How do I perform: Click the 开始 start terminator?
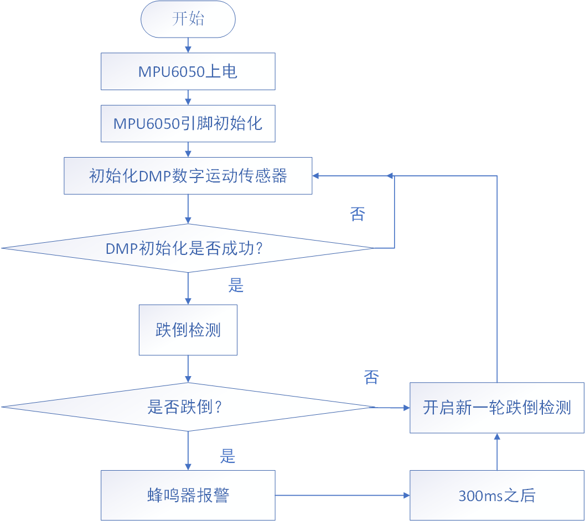pyautogui.click(x=188, y=19)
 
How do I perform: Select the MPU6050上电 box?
pyautogui.click(x=188, y=71)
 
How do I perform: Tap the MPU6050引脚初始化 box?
pyautogui.click(x=188, y=123)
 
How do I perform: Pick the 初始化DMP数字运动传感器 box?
pyautogui.click(x=188, y=176)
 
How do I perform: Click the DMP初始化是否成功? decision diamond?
pyautogui.click(x=188, y=248)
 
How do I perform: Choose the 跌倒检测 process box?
pyautogui.click(x=188, y=330)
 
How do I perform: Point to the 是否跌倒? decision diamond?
pyautogui.click(x=188, y=407)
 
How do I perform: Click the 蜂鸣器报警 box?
pyautogui.click(x=188, y=495)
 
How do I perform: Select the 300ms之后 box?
pyautogui.click(x=497, y=495)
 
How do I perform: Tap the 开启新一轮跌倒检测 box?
pyautogui.click(x=497, y=408)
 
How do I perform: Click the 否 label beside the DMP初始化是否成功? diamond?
pyautogui.click(x=358, y=214)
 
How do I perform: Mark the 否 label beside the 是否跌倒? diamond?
pyautogui.click(x=371, y=378)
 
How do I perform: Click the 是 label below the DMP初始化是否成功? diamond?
pyautogui.click(x=236, y=285)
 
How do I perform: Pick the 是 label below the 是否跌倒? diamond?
pyautogui.click(x=228, y=456)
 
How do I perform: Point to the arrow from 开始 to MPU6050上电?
pyautogui.click(x=188, y=45)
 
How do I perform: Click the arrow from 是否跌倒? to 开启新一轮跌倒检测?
pyautogui.click(x=392, y=408)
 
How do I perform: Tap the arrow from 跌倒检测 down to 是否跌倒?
pyautogui.click(x=188, y=369)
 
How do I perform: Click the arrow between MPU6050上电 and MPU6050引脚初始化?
pyautogui.click(x=188, y=97)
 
